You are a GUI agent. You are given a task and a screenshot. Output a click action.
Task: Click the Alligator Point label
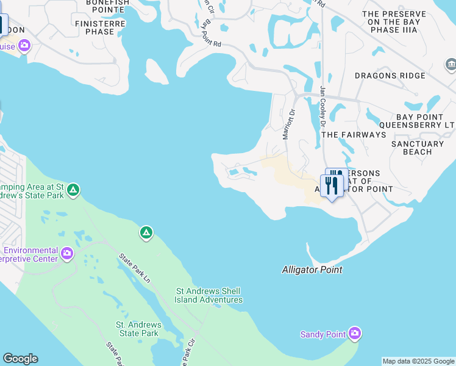[x=312, y=270]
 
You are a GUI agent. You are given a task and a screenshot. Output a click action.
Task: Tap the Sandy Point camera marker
[x=355, y=334]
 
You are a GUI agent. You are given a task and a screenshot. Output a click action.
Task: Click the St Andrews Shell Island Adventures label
[x=208, y=295]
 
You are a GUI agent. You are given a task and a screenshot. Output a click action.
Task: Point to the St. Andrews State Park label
[x=138, y=329]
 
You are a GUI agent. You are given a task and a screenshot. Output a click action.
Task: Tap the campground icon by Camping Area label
[x=73, y=190]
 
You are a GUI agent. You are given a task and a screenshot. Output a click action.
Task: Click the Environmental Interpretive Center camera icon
[x=67, y=253]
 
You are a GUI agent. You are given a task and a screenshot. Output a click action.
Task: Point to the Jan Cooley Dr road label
[x=323, y=107]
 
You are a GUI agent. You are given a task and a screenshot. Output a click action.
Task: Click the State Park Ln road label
[x=135, y=268]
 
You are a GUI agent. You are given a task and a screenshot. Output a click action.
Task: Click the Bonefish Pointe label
[x=107, y=6]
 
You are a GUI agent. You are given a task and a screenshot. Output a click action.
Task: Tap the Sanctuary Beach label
[x=418, y=148]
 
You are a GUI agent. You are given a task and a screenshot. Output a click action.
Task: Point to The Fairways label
[x=354, y=134]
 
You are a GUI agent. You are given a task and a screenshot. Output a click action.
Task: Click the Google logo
[x=20, y=359]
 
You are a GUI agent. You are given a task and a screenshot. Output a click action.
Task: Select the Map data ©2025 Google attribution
[x=418, y=361]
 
